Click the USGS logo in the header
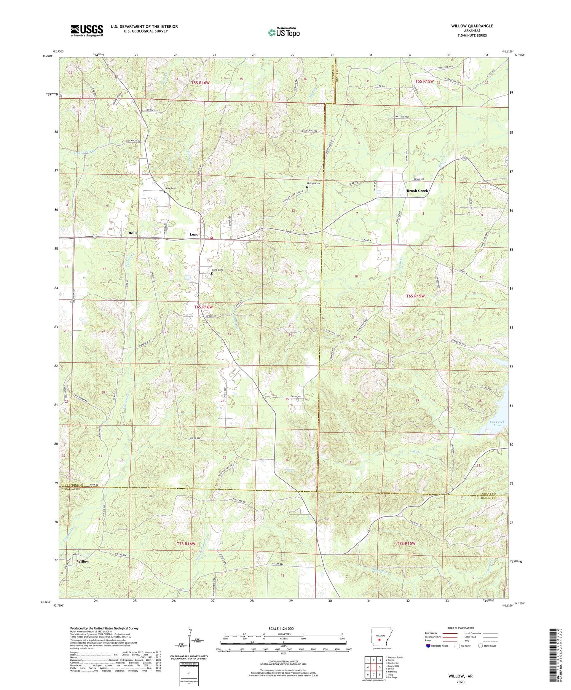[87, 30]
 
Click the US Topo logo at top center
[284, 32]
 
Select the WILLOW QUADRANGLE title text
[472, 26]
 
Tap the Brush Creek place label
[417, 191]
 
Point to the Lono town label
[194, 234]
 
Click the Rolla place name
[133, 233]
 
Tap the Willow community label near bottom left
[83, 561]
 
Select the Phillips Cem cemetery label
[314, 183]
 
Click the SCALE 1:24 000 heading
[281, 628]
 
